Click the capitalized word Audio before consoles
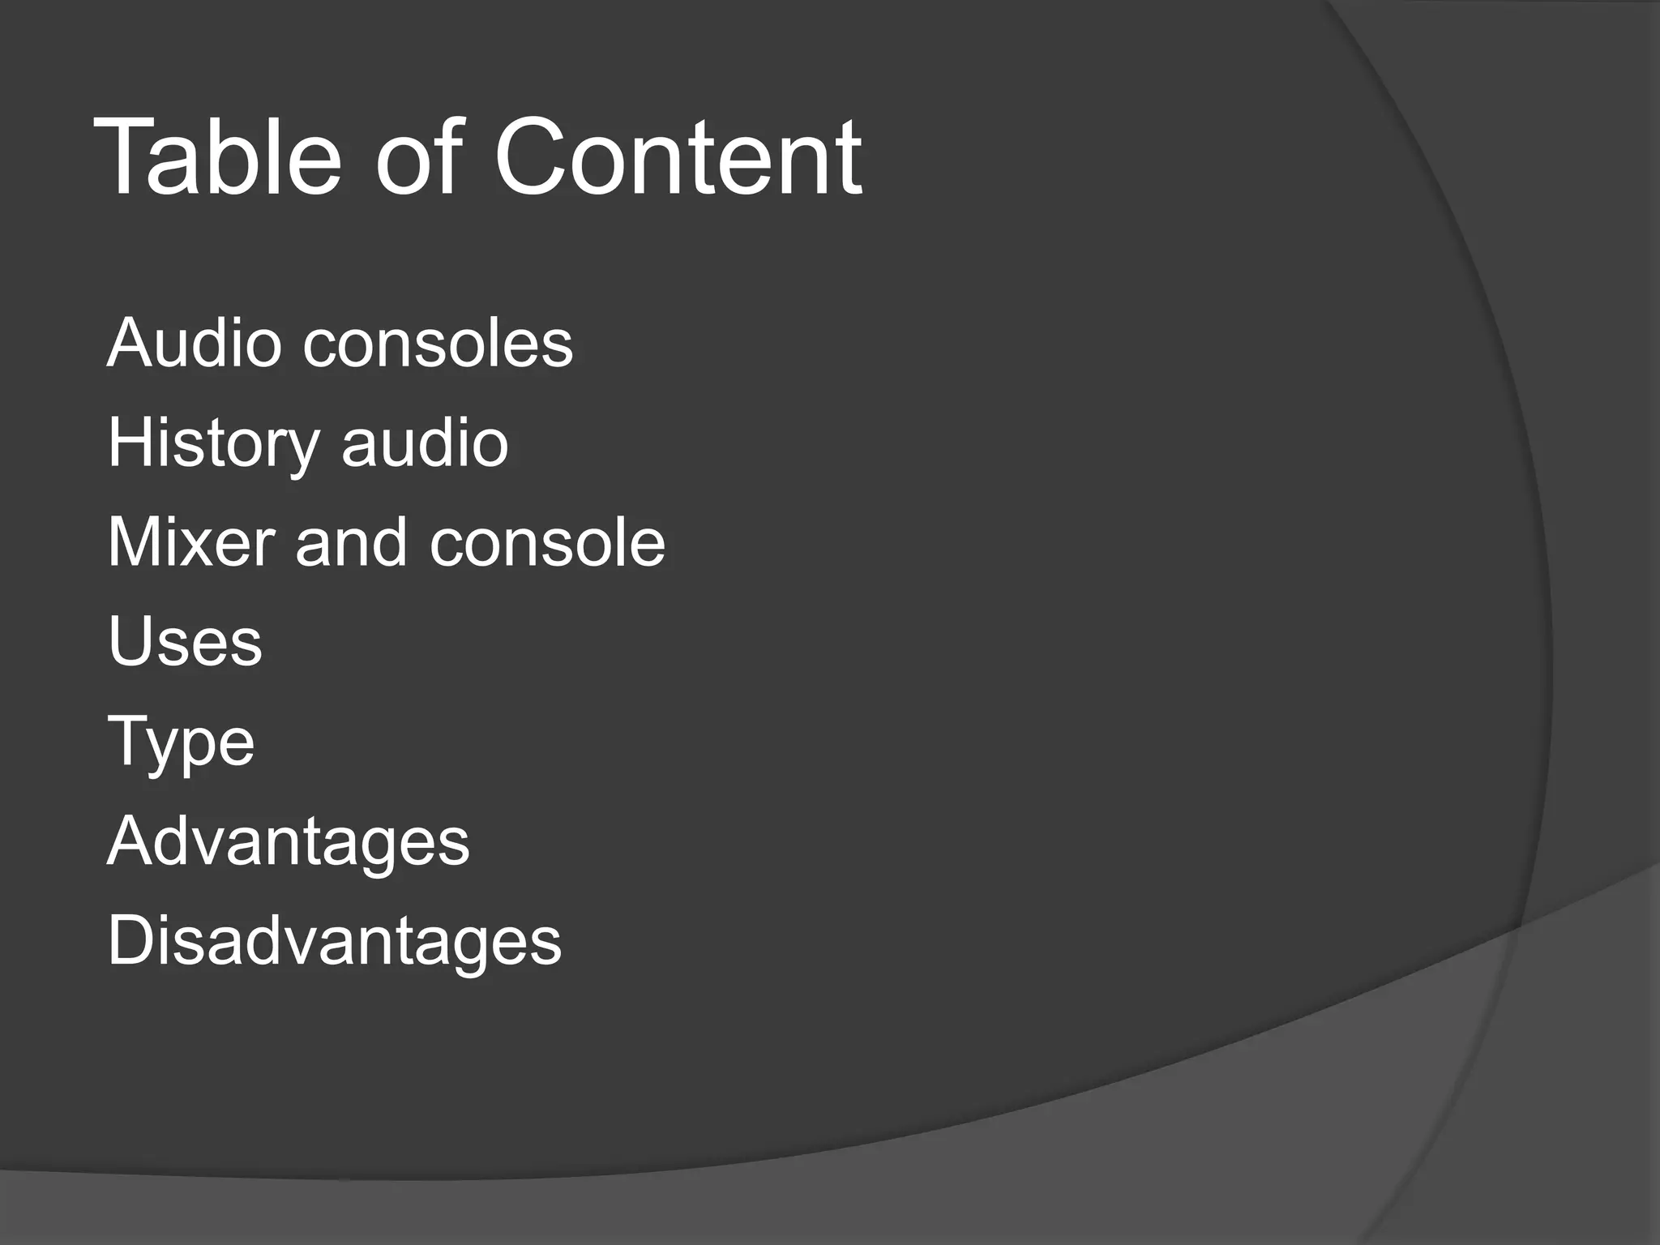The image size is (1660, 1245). click(x=194, y=343)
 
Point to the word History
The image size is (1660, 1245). click(x=213, y=444)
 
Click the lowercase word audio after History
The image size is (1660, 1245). click(x=425, y=443)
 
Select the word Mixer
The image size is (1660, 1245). click(x=190, y=542)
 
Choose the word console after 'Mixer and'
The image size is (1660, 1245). click(x=547, y=542)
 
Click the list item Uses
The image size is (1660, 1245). click(x=185, y=642)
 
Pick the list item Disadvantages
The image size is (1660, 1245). click(x=334, y=942)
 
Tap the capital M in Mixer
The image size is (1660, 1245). click(x=134, y=542)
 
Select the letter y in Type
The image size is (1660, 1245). click(x=163, y=747)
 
